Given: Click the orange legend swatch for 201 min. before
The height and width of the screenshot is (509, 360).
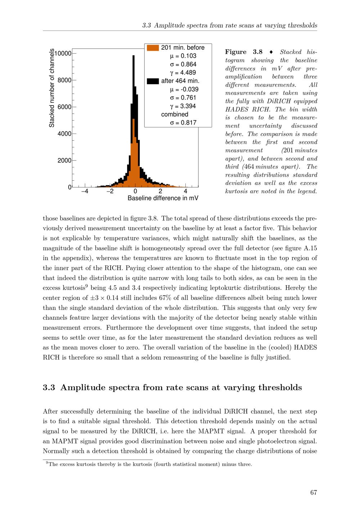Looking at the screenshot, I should pos(153,48).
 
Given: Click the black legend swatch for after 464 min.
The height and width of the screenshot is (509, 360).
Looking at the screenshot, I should pos(153,81).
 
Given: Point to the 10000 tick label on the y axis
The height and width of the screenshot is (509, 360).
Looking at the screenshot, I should pos(63,53).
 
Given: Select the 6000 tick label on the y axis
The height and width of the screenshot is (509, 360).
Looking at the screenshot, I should pos(64,107).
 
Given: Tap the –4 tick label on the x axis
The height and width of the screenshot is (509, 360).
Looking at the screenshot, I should pos(85,192).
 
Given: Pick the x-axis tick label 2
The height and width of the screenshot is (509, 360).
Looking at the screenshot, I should pos(160,192).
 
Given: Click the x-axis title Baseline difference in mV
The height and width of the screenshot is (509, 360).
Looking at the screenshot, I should pos(163,198).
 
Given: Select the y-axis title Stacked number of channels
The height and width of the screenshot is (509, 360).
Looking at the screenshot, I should pos(52,88).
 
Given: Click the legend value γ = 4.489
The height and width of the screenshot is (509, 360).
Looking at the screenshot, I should pos(183,73).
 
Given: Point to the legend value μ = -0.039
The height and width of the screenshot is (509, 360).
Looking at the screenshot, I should pos(184,89).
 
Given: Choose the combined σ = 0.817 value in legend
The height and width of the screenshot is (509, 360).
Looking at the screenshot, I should pos(183,123).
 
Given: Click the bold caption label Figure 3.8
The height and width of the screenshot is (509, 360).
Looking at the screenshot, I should pos(244,52).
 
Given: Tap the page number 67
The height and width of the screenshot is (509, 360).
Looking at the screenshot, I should pos(314,492).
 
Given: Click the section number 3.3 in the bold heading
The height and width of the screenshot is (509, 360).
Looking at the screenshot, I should pos(49,387).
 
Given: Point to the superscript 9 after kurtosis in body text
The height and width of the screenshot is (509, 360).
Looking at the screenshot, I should pos(86,286).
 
